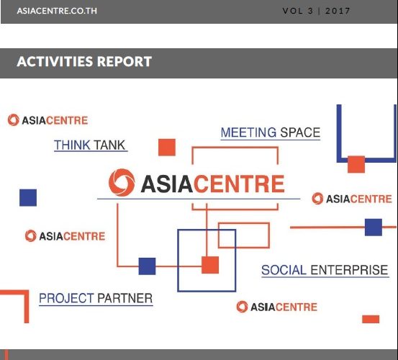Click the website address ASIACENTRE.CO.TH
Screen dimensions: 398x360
click(x=57, y=11)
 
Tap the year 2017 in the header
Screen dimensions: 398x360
click(x=338, y=11)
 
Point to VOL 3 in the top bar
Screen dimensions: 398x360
click(x=298, y=11)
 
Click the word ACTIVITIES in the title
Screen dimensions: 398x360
click(x=55, y=62)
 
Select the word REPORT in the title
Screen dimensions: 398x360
click(x=125, y=62)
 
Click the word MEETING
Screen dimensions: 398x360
click(x=248, y=132)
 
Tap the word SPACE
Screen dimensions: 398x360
click(x=300, y=132)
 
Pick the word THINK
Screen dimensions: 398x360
click(x=72, y=145)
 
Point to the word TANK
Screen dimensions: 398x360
click(x=109, y=145)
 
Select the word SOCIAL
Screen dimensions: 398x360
click(x=284, y=270)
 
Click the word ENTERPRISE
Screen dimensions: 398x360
click(x=349, y=270)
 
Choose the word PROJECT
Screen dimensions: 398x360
click(x=66, y=298)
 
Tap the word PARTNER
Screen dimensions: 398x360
click(x=125, y=298)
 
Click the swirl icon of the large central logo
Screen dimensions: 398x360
click(x=122, y=182)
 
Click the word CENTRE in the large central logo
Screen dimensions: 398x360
click(x=239, y=184)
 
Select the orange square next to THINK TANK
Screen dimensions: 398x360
click(x=167, y=148)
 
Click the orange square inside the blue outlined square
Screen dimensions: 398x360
click(x=210, y=265)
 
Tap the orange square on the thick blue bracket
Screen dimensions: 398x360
click(x=356, y=164)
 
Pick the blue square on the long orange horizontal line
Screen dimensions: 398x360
click(x=374, y=228)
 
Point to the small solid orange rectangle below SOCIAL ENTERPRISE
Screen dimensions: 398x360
click(x=371, y=319)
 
